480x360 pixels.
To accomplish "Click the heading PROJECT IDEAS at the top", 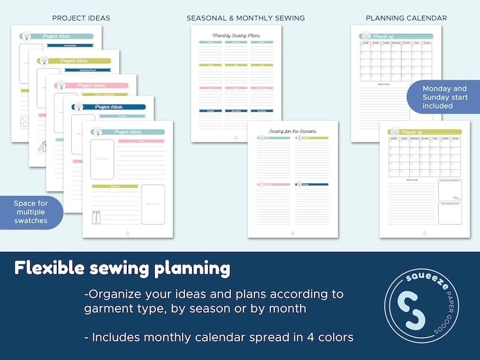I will (81, 18).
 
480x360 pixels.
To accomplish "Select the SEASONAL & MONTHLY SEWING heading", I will (245, 18).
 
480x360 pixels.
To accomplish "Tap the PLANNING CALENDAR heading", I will (406, 18).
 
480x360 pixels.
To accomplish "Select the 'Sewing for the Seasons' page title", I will (293, 130).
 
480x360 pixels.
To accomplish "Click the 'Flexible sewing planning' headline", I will (123, 268).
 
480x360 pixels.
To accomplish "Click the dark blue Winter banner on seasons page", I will (312, 184).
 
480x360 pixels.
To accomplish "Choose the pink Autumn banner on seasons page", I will (273, 184).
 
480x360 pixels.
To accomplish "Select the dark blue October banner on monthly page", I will (211, 111).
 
